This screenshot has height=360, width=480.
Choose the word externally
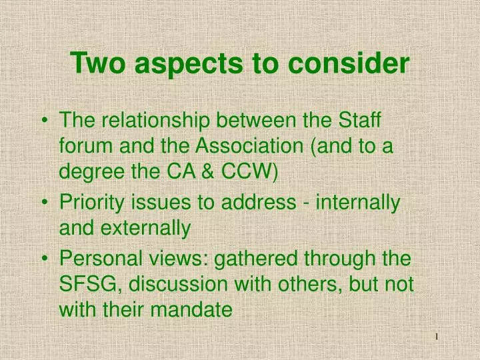[147, 229]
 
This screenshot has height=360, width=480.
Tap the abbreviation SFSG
[90, 284]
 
